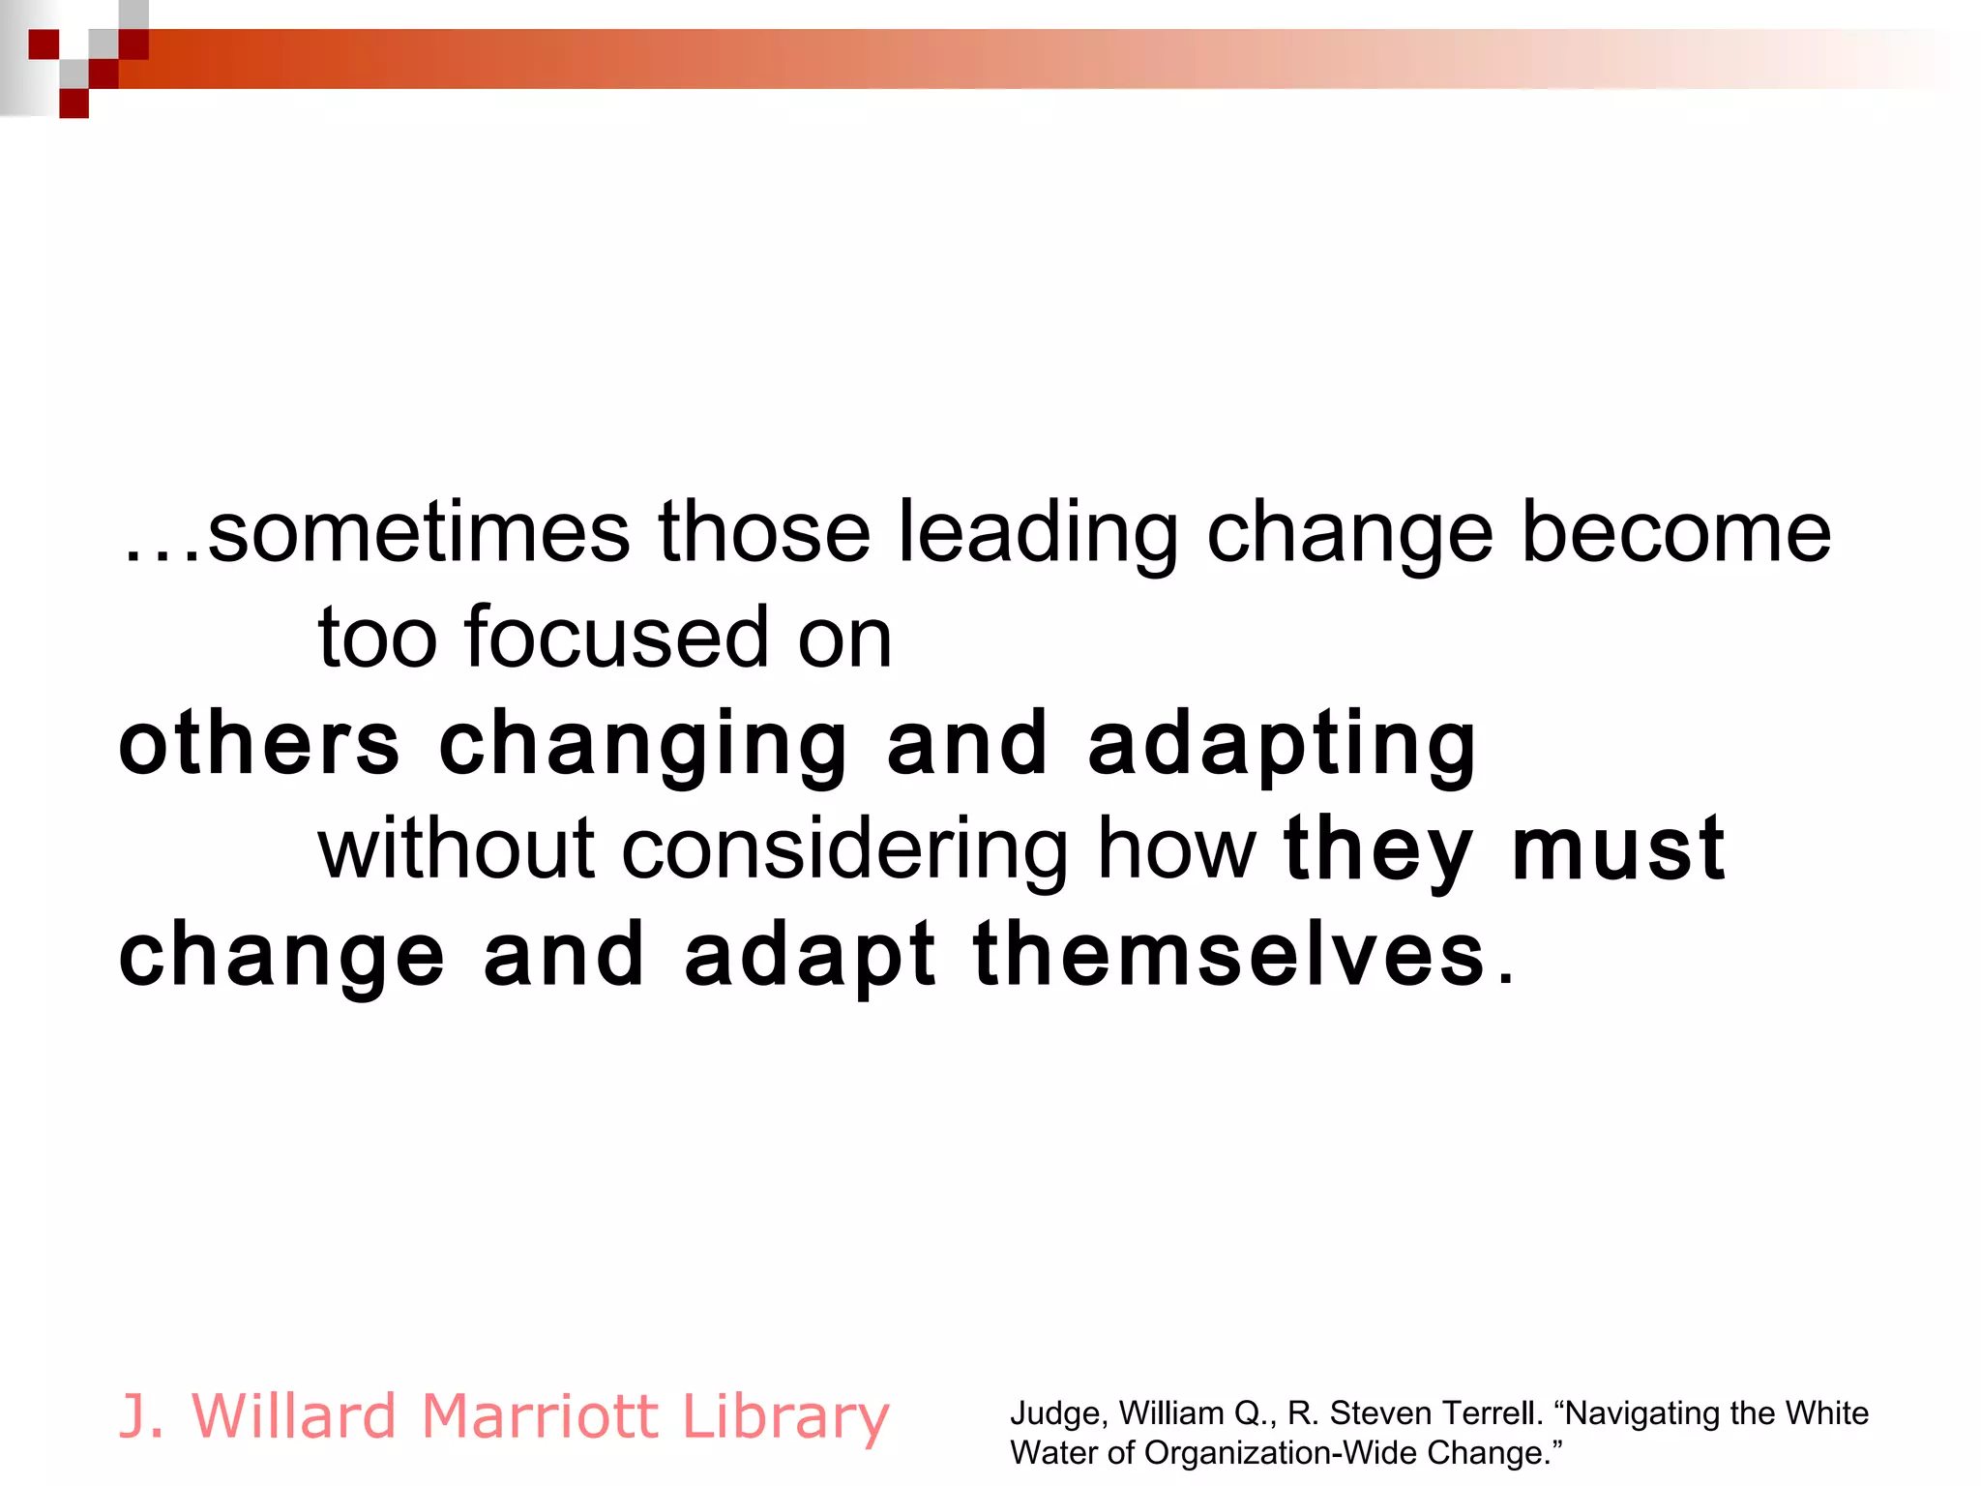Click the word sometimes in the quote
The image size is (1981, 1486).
418,533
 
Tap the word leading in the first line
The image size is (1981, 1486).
1037,533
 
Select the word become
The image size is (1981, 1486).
1675,533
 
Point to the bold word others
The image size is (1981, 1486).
259,744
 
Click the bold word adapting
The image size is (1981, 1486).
1283,746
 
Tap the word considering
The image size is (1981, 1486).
844,850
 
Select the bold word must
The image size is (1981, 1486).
1618,850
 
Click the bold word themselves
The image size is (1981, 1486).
1229,956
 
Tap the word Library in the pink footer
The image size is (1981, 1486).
785,1418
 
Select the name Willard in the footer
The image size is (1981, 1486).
295,1416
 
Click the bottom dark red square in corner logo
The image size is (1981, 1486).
74,104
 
